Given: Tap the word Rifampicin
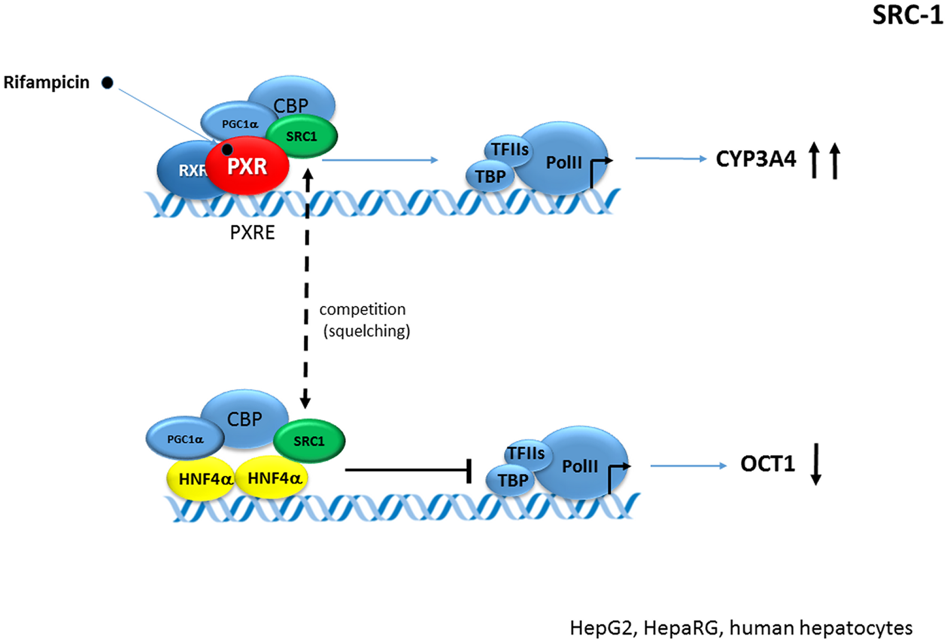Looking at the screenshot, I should coord(46,82).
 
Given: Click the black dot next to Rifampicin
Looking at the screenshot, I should coord(107,83).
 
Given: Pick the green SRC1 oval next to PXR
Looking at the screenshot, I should coord(302,137).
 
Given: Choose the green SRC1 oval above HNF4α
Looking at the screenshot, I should coord(309,441).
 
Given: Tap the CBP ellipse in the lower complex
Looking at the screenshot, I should coord(245,416).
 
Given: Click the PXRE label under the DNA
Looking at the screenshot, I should coord(252,232).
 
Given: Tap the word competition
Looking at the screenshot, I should coord(362,310).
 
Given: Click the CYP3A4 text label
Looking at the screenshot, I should coord(755,159).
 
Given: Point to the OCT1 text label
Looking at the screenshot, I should coord(767,464).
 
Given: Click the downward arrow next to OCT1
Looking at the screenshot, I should coord(816,464).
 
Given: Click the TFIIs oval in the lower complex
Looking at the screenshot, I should coord(526,453).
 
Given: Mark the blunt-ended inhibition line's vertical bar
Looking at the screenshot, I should coord(469,471).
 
